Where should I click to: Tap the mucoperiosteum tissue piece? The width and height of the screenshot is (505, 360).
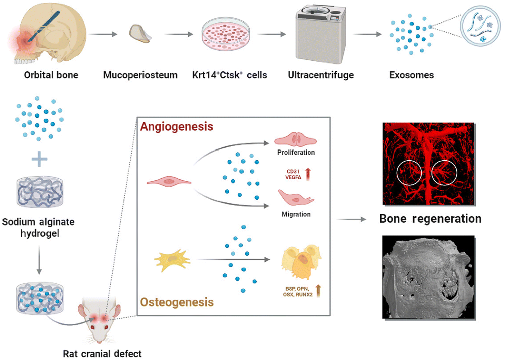point(140,34)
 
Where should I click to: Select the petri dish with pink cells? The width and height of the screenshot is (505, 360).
point(226,34)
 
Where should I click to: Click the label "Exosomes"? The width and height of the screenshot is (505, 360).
point(412,75)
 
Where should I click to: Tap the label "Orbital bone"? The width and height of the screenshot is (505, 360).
point(51,75)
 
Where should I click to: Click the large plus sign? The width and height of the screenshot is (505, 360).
point(39,159)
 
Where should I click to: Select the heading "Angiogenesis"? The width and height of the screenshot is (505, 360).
point(177,127)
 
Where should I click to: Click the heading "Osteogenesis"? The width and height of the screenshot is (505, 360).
point(177,302)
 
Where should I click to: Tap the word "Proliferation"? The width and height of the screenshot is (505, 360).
point(296,153)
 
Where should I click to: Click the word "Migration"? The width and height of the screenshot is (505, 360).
point(296,214)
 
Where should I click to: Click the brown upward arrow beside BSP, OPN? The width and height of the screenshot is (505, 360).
point(318,291)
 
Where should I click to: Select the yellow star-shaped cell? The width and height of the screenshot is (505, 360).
point(172,260)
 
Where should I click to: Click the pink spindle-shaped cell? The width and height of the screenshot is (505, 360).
point(169,181)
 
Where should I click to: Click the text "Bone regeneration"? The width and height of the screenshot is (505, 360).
point(430,219)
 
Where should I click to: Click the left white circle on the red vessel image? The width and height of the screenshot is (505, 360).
point(409,173)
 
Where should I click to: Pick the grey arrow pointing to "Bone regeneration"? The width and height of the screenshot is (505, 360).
point(351,219)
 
